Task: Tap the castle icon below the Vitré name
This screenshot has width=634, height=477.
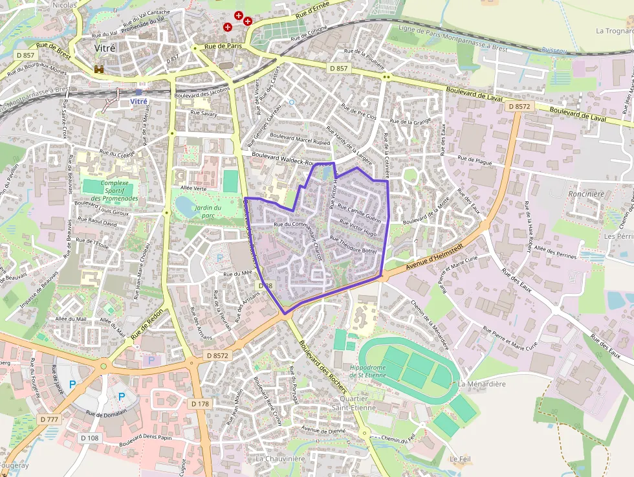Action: [x=99, y=69]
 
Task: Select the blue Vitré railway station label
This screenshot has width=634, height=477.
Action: [x=138, y=102]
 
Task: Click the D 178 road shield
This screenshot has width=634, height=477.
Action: [x=201, y=403]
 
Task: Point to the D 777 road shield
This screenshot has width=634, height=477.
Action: [x=49, y=419]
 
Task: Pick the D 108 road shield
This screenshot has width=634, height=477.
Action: [x=89, y=438]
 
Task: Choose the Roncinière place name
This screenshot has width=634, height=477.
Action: [x=585, y=194]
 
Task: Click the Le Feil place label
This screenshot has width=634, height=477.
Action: [x=461, y=459]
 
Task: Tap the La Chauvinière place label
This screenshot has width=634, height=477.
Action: [x=280, y=459]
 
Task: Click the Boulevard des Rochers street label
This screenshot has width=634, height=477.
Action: [x=323, y=367]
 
